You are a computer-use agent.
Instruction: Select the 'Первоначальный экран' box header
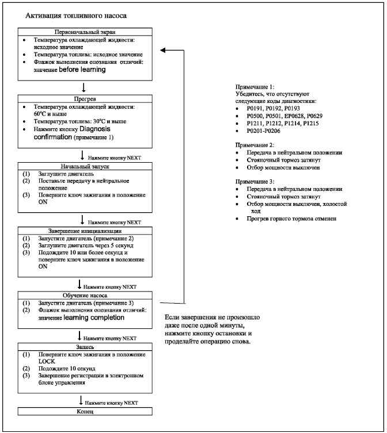click(x=85, y=32)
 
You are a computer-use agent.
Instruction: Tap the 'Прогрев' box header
click(x=85, y=99)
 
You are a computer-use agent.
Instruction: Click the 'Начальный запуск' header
click(x=85, y=166)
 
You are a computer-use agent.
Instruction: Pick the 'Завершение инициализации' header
click(x=85, y=231)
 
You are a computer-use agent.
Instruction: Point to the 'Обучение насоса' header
click(x=85, y=294)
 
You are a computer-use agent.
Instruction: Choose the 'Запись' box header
click(x=85, y=347)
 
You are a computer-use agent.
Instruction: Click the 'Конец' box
click(x=85, y=412)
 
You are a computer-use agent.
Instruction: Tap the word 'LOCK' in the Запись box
click(x=47, y=362)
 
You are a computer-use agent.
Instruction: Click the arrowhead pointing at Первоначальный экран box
click(x=163, y=51)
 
